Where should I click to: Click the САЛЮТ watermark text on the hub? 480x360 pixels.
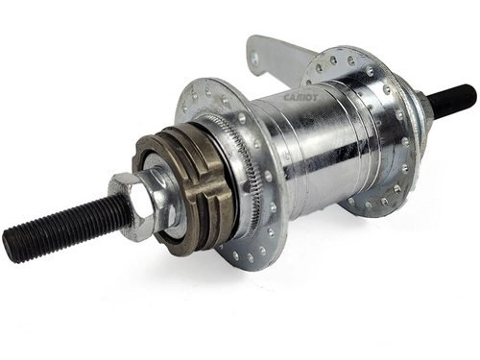pos(301,97)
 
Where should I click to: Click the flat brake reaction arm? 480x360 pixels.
pos(276,60)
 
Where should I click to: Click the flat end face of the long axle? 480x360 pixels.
pos(9,246)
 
